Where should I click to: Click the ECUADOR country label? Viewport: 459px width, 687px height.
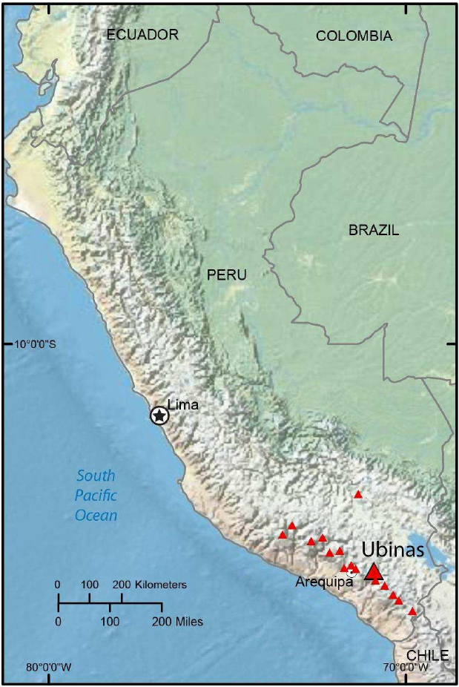[142, 34]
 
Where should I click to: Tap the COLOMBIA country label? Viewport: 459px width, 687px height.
[354, 36]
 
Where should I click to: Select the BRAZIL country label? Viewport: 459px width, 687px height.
[374, 230]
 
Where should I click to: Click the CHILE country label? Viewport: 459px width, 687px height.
[428, 655]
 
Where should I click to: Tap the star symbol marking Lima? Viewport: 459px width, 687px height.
[159, 415]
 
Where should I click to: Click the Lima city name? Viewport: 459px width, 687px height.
[183, 405]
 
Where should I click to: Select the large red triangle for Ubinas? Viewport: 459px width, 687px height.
[374, 571]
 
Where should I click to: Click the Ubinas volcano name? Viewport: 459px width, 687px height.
[393, 550]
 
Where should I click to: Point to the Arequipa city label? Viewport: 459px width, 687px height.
[323, 582]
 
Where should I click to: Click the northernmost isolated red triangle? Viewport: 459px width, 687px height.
[358, 494]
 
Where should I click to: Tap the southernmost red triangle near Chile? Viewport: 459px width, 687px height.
[412, 611]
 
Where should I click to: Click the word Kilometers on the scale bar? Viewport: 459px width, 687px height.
[161, 585]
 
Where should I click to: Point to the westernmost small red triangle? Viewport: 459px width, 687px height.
[283, 534]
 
